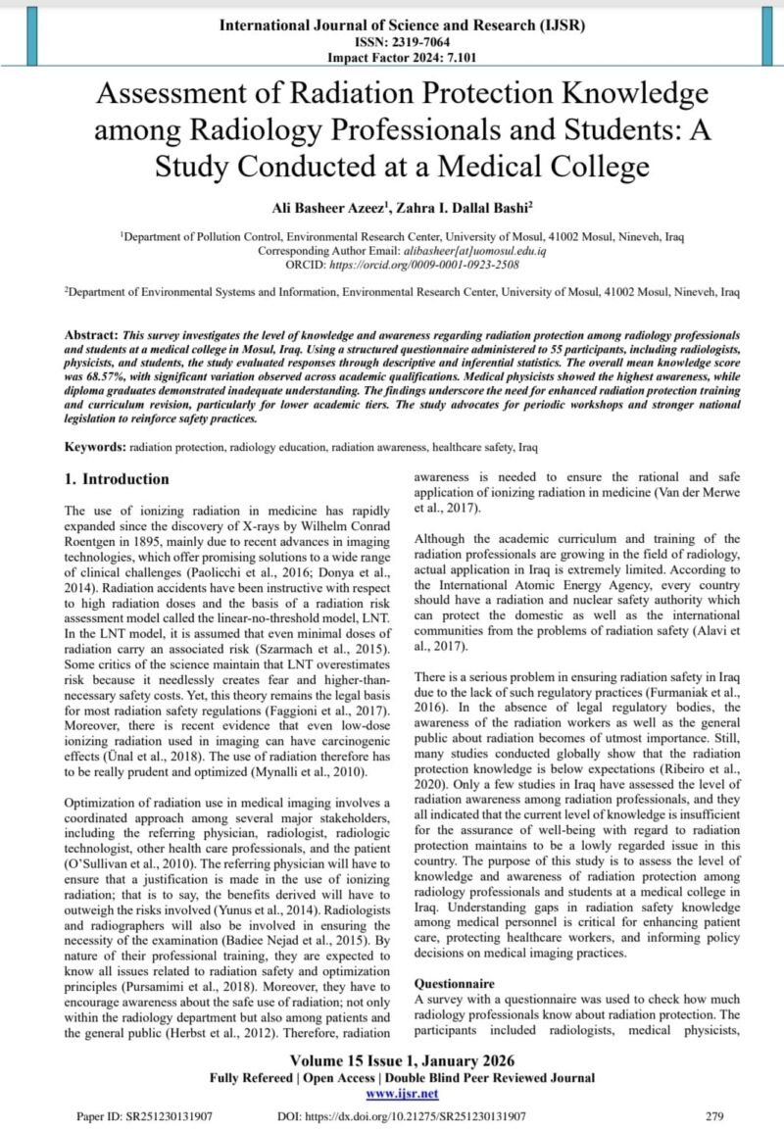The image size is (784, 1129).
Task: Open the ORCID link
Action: (x=427, y=265)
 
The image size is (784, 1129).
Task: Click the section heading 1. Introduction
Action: (x=117, y=480)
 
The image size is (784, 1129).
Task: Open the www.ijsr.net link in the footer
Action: (x=402, y=1093)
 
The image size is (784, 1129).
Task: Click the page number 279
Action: (x=715, y=1115)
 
